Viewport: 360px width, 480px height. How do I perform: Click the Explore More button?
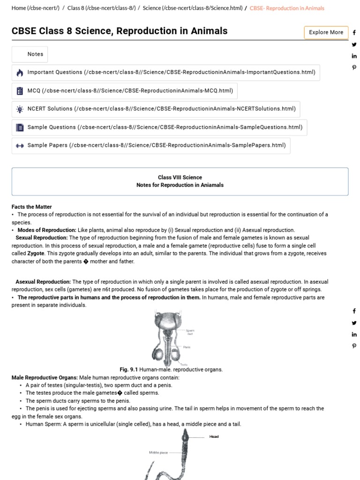point(326,32)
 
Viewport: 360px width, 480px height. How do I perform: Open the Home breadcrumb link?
point(36,8)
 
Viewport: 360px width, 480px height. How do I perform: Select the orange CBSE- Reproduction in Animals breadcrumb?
point(287,8)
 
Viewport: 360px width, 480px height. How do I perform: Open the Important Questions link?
point(171,72)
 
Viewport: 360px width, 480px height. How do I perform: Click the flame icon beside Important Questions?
point(20,73)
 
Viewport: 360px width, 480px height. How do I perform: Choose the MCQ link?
point(130,90)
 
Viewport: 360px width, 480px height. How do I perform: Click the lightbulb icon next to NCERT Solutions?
point(20,109)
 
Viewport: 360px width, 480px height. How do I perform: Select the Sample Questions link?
point(165,127)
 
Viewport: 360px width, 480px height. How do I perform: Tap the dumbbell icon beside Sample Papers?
point(20,146)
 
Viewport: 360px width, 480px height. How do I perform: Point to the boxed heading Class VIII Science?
point(180,177)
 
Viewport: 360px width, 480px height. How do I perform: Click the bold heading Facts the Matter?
point(32,207)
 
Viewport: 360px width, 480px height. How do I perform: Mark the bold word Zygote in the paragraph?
point(36,253)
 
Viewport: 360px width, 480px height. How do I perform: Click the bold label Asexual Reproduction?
point(43,282)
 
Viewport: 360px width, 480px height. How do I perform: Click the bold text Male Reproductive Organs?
point(45,377)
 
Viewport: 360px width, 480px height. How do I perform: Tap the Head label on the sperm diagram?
point(214,436)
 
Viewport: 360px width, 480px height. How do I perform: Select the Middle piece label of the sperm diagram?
point(158,452)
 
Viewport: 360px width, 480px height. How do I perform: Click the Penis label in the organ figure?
point(187,347)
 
